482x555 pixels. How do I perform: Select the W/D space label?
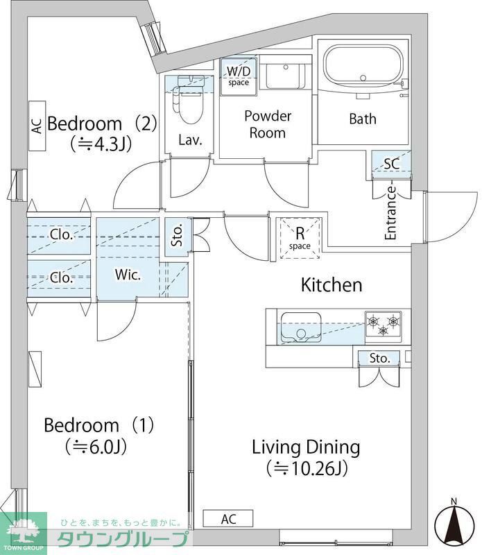[x=239, y=76]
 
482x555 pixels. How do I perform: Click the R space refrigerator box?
[x=300, y=238]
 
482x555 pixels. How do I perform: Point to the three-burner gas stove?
[x=384, y=324]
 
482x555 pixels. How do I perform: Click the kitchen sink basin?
[x=301, y=328]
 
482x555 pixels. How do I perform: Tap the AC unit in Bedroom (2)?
[x=37, y=126]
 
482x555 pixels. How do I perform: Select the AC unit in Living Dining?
[x=228, y=519]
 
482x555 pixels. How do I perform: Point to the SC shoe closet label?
[x=391, y=164]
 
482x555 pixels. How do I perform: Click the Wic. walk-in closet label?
[x=128, y=275]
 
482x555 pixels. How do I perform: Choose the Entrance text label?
[x=390, y=213]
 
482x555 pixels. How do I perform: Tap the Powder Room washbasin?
[x=285, y=76]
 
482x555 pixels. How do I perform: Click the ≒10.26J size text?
[x=307, y=468]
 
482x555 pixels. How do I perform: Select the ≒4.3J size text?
[x=101, y=144]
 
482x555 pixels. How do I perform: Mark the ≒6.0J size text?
[x=96, y=447]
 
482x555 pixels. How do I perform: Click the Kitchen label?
[x=332, y=285]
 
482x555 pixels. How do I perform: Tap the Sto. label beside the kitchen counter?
[x=379, y=358]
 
